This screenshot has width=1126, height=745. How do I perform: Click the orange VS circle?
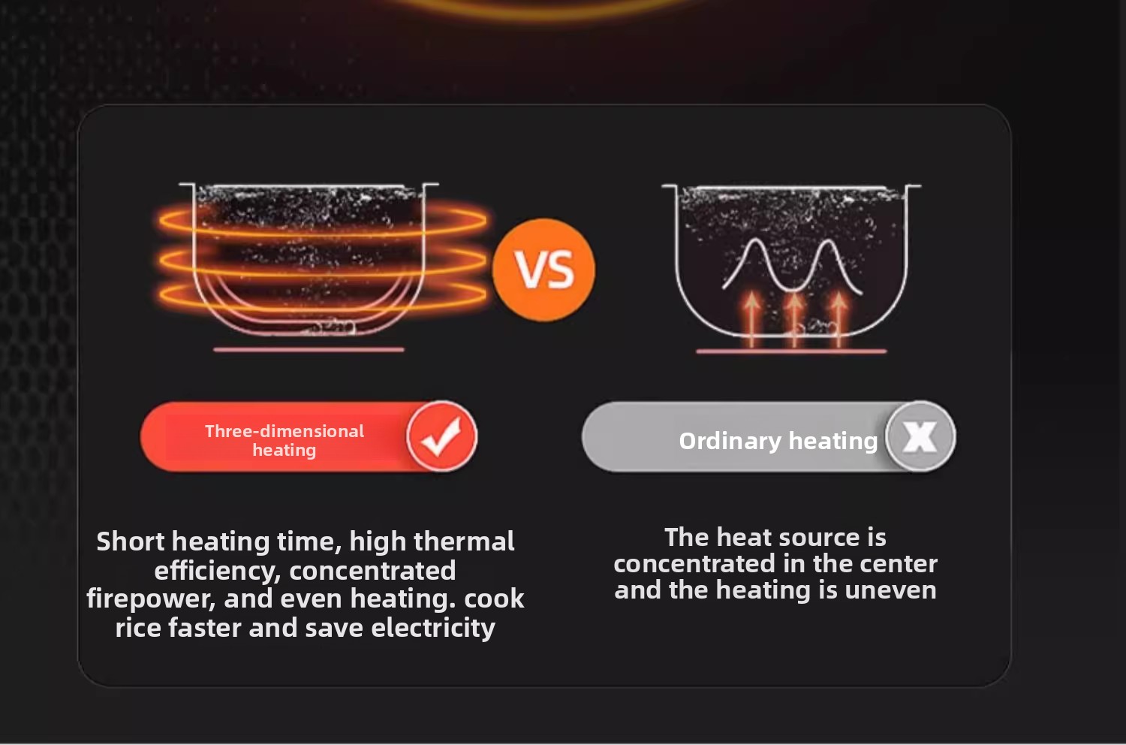coord(543,270)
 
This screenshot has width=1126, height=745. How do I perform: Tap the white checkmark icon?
coord(441,436)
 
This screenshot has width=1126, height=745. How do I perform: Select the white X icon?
coord(920,436)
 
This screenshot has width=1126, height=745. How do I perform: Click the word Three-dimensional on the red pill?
coord(284,431)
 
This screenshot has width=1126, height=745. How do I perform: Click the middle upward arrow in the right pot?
coord(794,319)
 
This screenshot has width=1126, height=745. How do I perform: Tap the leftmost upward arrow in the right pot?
coord(752,319)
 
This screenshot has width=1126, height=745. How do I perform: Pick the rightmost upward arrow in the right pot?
coord(839,319)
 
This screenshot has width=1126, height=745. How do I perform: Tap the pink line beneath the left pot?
coord(309,349)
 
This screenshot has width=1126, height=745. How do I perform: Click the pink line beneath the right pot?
coord(791,351)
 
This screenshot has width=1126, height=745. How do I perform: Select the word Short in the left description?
coord(130,541)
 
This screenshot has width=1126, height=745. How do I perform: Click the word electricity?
coord(433,629)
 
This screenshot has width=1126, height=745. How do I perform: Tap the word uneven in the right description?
coord(890,590)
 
